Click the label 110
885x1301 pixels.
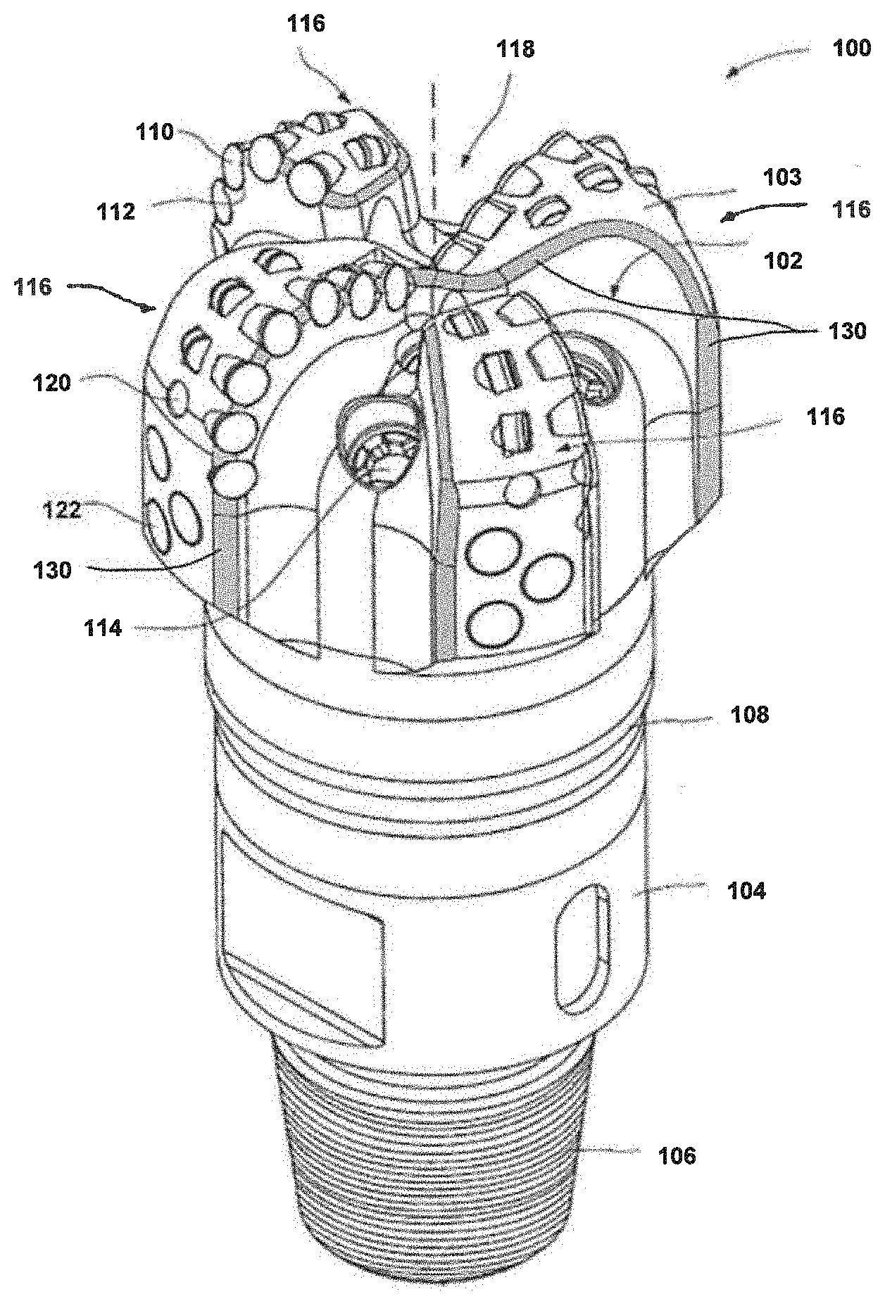(x=155, y=132)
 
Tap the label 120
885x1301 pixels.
(x=51, y=383)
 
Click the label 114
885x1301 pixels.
(x=103, y=628)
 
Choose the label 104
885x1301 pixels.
(x=746, y=891)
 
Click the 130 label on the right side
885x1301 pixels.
(x=846, y=330)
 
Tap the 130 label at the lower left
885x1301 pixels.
(x=51, y=570)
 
